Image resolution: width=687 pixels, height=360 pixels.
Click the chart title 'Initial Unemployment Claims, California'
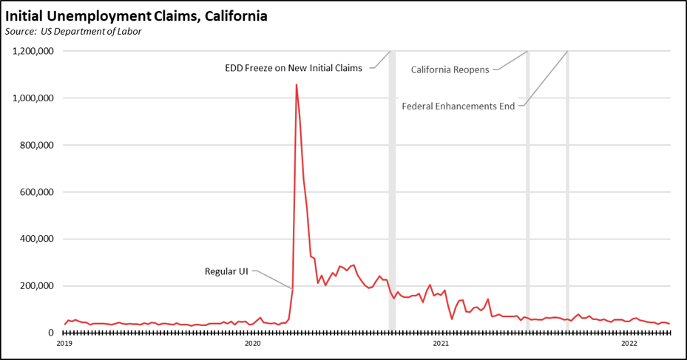click(x=136, y=15)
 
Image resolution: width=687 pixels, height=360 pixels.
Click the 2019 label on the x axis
click(x=64, y=343)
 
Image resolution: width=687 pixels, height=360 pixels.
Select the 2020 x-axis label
click(x=253, y=343)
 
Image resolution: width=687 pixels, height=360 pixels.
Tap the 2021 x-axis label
click(x=441, y=343)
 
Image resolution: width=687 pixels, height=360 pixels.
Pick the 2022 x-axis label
click(x=629, y=343)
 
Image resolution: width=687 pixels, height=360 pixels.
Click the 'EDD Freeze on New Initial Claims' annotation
click(x=294, y=68)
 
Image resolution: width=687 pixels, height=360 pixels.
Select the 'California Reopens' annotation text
click(x=450, y=69)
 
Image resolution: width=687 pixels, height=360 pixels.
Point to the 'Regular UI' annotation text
click(x=226, y=271)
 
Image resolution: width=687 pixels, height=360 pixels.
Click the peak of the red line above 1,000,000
click(x=297, y=85)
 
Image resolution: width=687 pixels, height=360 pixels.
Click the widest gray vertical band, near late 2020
click(x=392, y=192)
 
